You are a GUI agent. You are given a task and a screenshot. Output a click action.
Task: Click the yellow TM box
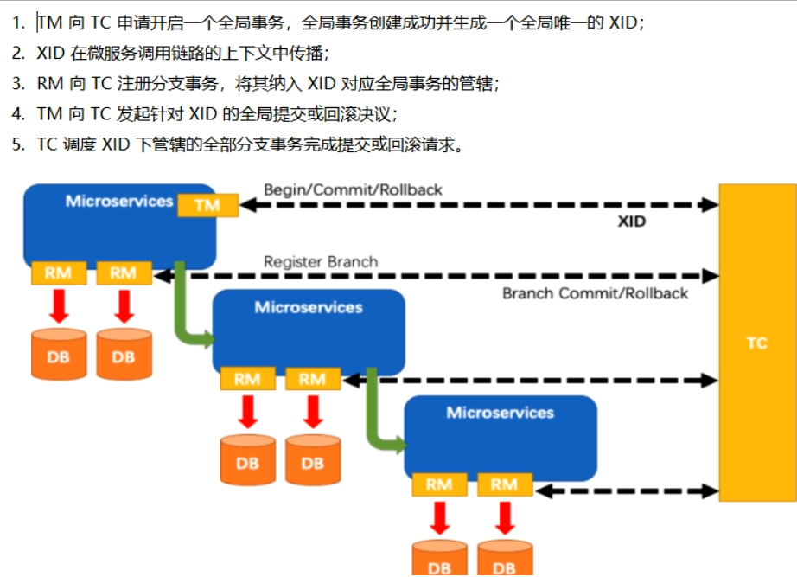click(207, 206)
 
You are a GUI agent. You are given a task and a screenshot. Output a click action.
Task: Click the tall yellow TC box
click(756, 343)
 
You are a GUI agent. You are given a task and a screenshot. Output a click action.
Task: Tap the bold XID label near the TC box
click(632, 222)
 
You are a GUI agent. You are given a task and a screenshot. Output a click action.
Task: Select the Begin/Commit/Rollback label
click(353, 189)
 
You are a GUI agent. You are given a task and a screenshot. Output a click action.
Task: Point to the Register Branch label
click(321, 261)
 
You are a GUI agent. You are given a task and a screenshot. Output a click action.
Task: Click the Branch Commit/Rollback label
click(596, 293)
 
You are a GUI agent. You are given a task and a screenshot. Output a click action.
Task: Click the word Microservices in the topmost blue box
click(119, 201)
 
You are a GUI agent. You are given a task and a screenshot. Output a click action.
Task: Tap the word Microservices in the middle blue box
click(309, 307)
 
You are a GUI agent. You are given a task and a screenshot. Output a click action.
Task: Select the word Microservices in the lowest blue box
click(500, 413)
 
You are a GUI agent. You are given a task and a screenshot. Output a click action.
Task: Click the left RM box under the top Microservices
click(58, 273)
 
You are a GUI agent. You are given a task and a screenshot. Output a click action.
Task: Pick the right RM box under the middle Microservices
click(312, 379)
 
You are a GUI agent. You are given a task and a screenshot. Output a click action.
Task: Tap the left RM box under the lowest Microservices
click(438, 484)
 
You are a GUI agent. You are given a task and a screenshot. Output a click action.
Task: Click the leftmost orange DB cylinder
click(58, 354)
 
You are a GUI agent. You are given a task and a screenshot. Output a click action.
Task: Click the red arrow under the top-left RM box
click(58, 305)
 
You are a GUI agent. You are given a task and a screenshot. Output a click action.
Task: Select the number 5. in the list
click(18, 144)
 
